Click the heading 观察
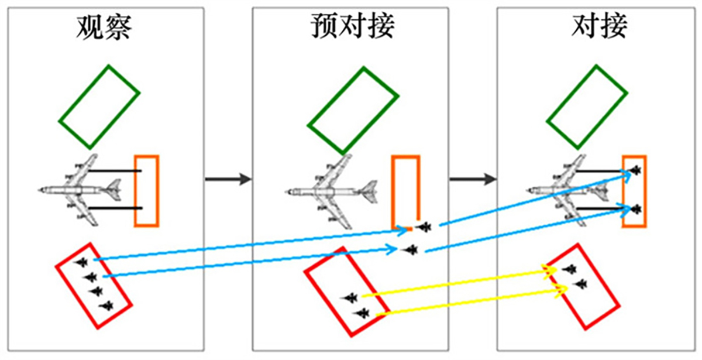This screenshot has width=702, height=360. (104, 26)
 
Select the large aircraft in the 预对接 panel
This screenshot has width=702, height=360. (331, 191)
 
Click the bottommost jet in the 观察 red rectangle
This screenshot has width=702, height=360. (106, 305)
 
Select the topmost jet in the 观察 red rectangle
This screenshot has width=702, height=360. (81, 262)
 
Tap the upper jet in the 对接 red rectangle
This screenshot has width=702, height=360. (569, 269)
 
